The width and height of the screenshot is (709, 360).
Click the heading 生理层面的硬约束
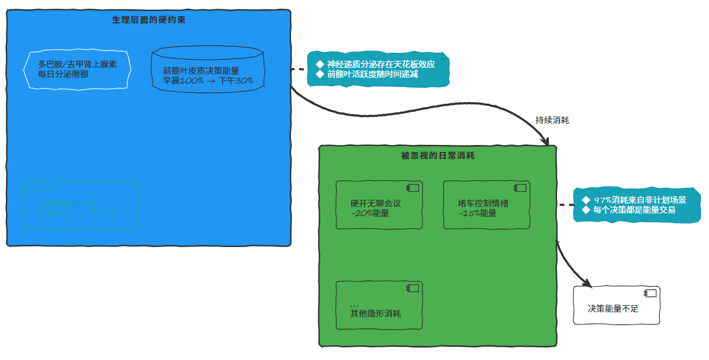(149, 20)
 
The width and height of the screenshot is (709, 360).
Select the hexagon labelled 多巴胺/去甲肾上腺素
(77, 69)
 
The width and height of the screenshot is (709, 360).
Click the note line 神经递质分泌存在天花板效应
(381, 64)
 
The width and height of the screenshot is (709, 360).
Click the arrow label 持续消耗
(552, 121)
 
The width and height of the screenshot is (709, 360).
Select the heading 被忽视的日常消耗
(438, 156)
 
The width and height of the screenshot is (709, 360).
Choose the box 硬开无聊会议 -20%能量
(379, 205)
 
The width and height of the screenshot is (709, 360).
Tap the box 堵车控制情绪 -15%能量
(486, 205)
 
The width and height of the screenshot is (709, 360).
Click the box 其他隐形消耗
(379, 306)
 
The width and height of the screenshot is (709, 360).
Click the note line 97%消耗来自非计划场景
(640, 200)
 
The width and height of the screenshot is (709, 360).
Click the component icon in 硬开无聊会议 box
(413, 188)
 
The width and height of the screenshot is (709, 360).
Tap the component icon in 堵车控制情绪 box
(520, 188)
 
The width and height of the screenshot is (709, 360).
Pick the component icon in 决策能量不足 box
(650, 293)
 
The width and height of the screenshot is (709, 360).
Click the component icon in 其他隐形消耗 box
(413, 288)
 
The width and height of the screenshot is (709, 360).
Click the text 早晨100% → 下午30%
(208, 81)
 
